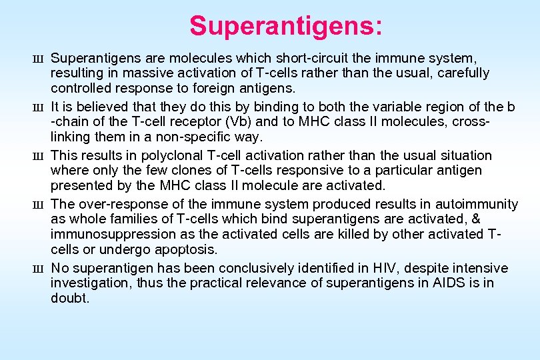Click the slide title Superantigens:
click(x=286, y=27)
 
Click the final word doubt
click(x=69, y=299)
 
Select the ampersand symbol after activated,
click(x=475, y=219)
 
